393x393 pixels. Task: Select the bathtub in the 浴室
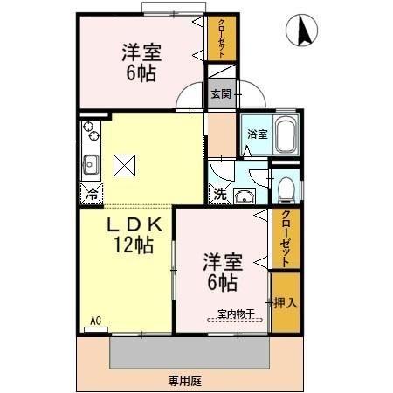click(x=286, y=135)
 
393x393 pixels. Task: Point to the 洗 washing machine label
click(x=220, y=194)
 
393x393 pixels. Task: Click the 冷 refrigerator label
click(x=91, y=194)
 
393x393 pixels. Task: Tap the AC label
click(x=95, y=321)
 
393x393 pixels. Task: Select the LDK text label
click(x=132, y=225)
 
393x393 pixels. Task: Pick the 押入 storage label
click(x=286, y=303)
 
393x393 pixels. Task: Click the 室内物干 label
click(x=235, y=314)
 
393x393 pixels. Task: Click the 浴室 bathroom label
click(x=256, y=134)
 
